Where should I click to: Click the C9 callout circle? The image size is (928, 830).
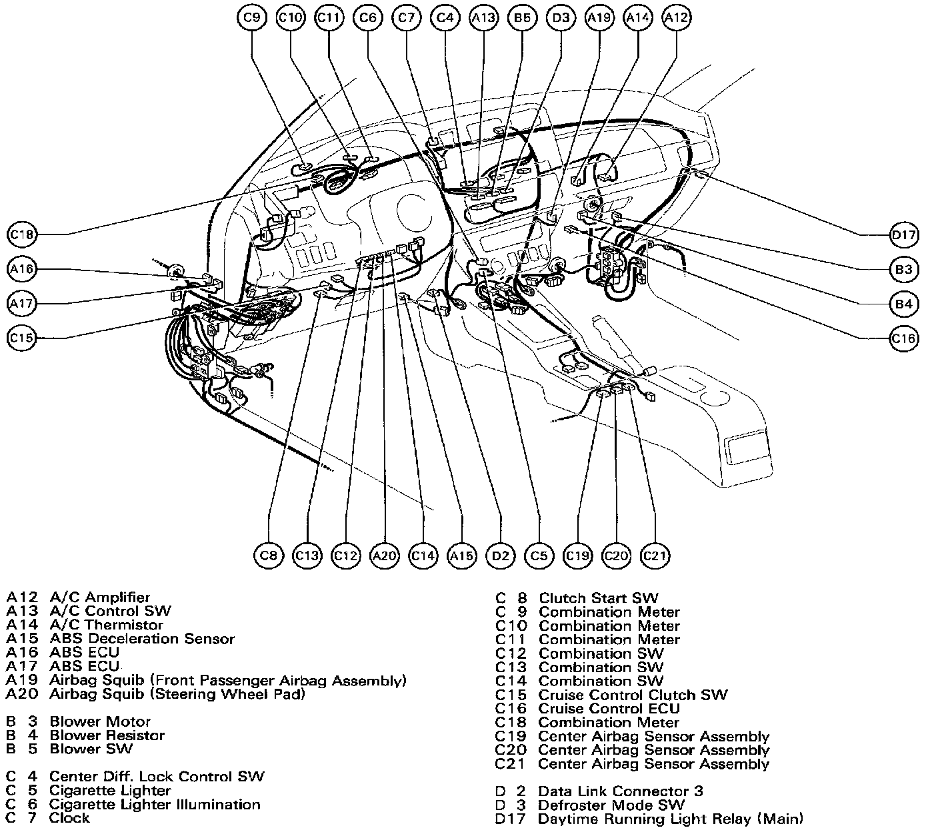click(251, 18)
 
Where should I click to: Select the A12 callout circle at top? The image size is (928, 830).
click(676, 18)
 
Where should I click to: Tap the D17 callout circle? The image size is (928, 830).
click(904, 234)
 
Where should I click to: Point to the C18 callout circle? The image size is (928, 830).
click(22, 234)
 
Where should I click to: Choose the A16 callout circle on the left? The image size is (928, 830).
click(22, 269)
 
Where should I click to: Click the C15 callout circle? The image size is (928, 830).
click(22, 338)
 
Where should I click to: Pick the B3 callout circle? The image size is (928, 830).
click(904, 269)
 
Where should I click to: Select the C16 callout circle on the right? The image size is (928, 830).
click(904, 338)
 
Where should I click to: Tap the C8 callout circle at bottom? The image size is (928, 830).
click(269, 556)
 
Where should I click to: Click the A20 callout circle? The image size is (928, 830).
click(385, 556)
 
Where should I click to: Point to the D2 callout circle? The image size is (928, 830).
click(501, 556)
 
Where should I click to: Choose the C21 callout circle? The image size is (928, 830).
click(655, 556)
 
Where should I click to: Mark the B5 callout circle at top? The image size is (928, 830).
click(522, 18)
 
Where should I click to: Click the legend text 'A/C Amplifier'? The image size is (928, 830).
click(100, 598)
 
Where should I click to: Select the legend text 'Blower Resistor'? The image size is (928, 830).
click(107, 735)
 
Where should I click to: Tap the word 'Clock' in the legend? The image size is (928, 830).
click(69, 818)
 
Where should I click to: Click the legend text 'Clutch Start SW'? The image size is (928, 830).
click(598, 598)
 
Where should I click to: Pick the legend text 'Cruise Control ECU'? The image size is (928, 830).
click(609, 709)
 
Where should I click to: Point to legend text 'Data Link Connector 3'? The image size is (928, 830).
click(620, 791)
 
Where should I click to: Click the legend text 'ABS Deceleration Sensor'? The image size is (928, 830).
click(142, 639)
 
